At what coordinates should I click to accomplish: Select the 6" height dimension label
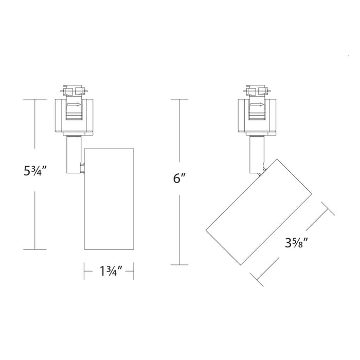pyautogui.click(x=178, y=179)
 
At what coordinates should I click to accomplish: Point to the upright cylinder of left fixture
pyautogui.click(x=109, y=198)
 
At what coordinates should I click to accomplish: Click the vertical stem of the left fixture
pyautogui.click(x=74, y=154)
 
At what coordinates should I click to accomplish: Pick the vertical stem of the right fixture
pyautogui.click(x=256, y=153)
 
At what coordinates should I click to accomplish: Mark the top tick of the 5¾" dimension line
pyautogui.click(x=35, y=98)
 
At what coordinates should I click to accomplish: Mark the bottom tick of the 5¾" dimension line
pyautogui.click(x=35, y=249)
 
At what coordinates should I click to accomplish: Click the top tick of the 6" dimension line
pyautogui.click(x=178, y=98)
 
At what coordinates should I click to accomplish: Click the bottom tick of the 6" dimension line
pyautogui.click(x=178, y=265)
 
